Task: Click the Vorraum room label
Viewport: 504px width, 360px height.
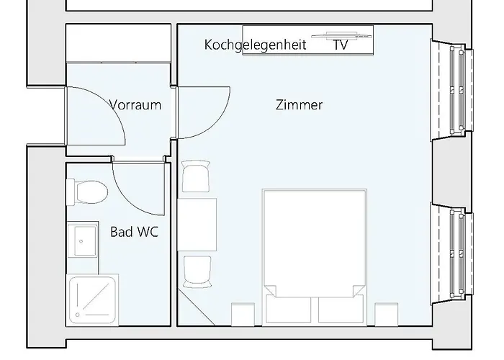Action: (135, 105)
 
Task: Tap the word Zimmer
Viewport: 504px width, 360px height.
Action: (299, 105)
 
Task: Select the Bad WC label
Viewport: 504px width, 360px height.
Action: (135, 232)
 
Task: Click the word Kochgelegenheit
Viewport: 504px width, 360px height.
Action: (255, 45)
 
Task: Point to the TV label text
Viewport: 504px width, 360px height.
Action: (341, 45)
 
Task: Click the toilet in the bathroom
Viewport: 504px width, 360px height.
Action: (88, 192)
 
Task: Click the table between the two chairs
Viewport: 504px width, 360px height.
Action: (197, 224)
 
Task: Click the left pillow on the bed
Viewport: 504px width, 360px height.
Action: (289, 308)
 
